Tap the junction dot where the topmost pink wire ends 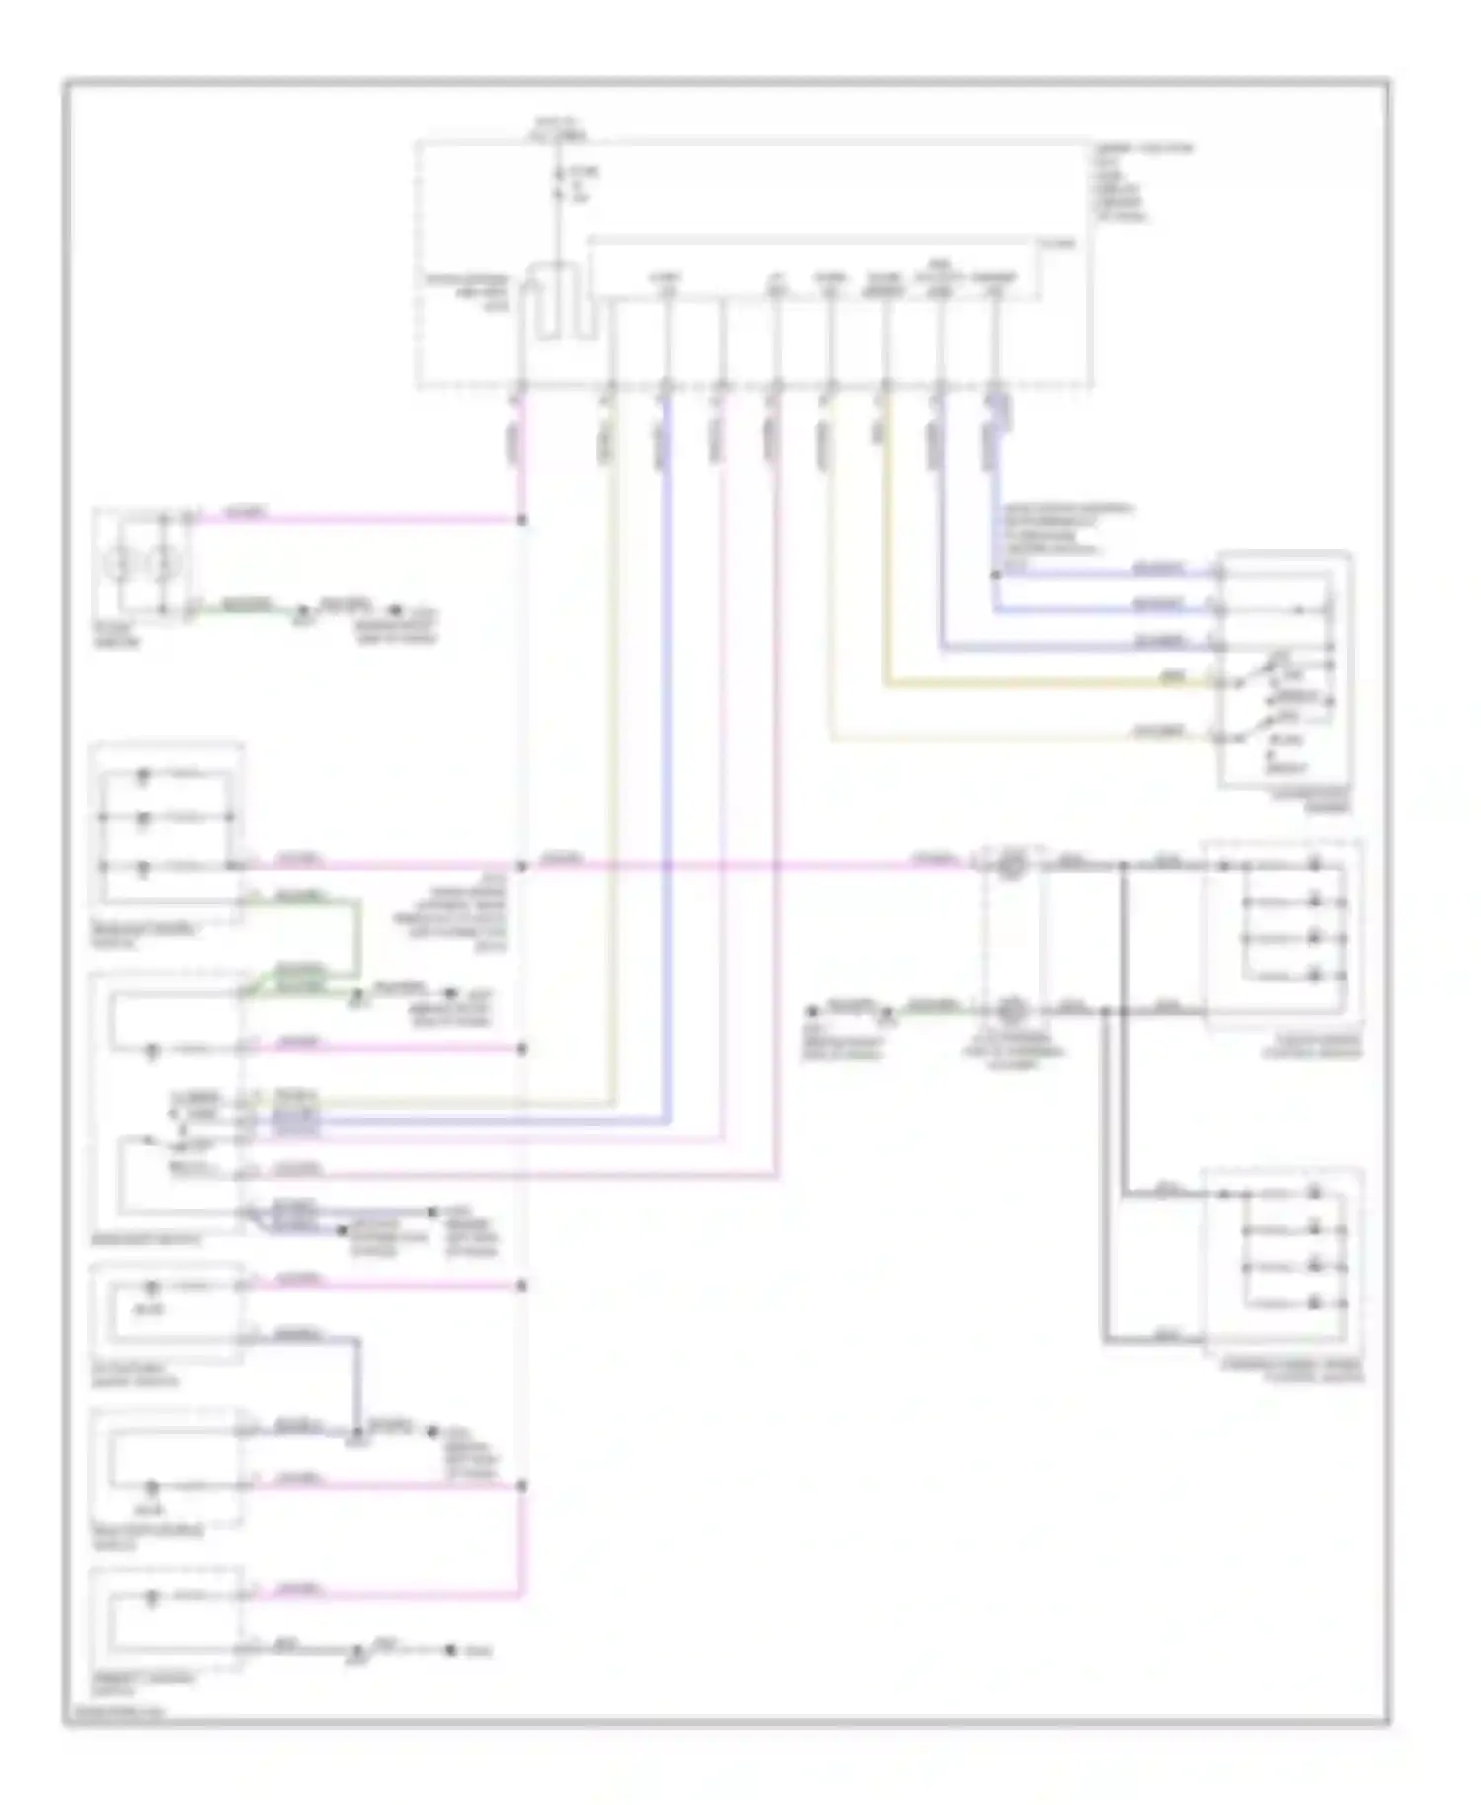click(x=522, y=519)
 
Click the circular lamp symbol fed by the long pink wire click(x=1011, y=866)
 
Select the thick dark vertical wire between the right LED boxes click(x=1125, y=1027)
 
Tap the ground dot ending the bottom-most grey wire click(x=450, y=1649)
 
